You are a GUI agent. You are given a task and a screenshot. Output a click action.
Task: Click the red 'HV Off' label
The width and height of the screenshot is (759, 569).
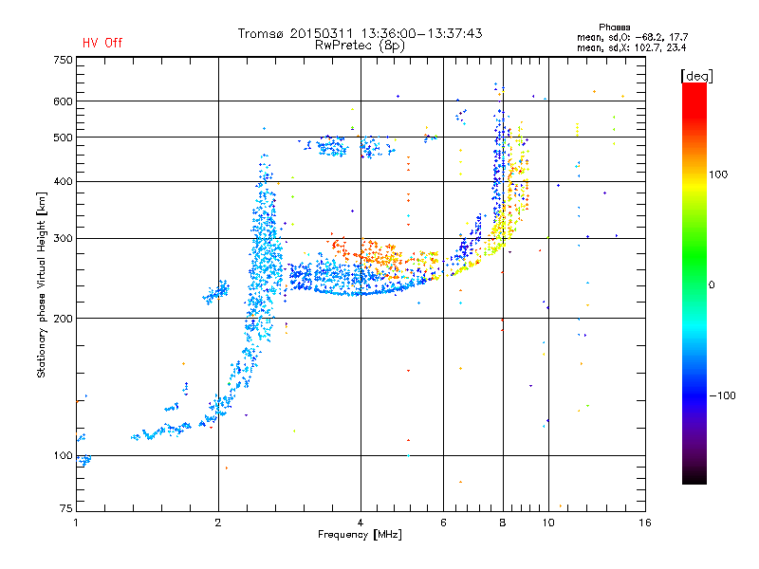[x=102, y=43]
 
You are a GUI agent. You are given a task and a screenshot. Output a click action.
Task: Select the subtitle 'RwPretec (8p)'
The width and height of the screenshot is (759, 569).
[x=360, y=46]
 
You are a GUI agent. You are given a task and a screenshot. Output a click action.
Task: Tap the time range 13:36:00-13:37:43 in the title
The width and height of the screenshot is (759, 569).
[x=421, y=33]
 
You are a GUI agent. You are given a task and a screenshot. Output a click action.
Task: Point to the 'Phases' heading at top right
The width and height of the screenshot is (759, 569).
[x=614, y=28]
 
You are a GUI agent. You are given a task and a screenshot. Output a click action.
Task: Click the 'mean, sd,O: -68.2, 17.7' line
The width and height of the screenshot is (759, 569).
[x=632, y=37]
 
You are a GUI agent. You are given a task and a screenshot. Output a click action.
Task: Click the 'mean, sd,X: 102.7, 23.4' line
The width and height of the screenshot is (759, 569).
[x=631, y=47]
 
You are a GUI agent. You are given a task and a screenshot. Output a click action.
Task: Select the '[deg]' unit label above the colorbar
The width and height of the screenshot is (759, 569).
[x=696, y=76]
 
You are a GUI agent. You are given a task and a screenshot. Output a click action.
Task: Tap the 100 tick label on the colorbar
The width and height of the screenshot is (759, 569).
[x=718, y=174]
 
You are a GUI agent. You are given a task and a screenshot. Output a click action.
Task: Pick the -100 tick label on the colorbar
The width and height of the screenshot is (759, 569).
[x=723, y=395]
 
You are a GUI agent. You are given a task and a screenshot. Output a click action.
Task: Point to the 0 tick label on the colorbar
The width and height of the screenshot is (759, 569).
[x=712, y=284]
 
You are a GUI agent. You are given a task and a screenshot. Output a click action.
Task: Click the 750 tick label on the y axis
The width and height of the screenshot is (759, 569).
[x=64, y=60]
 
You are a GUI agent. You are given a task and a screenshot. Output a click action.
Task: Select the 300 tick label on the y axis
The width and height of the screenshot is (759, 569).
[x=64, y=238]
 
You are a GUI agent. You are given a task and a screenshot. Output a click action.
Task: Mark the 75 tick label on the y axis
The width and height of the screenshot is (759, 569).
[x=66, y=508]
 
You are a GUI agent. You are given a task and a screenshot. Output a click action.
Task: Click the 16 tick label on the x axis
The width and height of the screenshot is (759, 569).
[x=645, y=523]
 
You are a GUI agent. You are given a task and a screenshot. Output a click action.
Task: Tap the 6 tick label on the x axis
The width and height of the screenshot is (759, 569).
[x=443, y=523]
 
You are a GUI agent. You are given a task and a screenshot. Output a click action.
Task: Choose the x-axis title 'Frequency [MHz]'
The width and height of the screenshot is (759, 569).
[x=360, y=535]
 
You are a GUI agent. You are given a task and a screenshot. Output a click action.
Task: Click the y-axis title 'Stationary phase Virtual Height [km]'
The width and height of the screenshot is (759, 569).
[x=42, y=284]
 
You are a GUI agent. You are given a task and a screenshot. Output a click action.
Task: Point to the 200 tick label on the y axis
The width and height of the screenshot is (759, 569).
[x=64, y=318]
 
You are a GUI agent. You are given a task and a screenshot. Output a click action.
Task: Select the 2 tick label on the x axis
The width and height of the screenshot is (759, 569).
[x=218, y=523]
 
